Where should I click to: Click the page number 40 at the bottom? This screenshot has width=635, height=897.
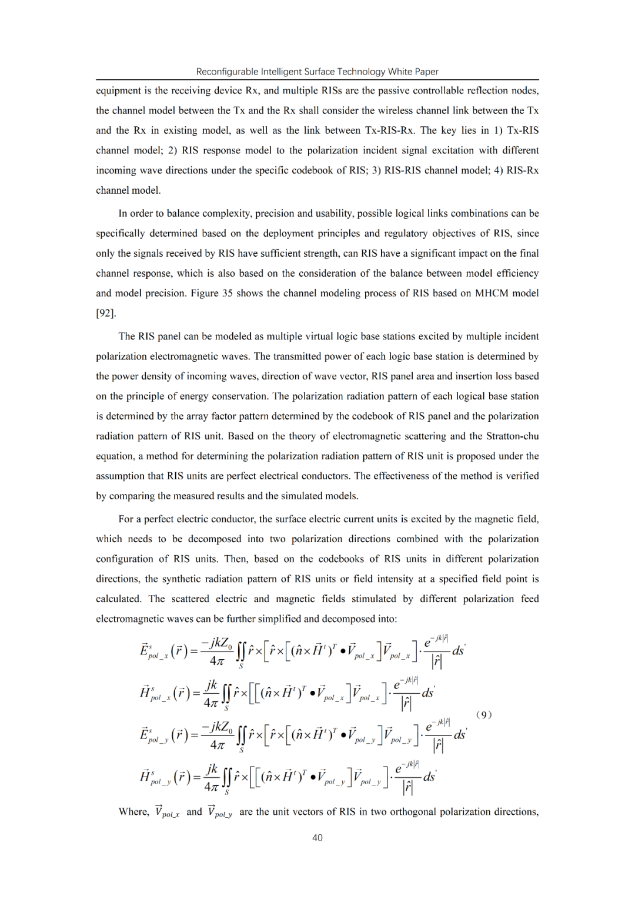click(x=317, y=837)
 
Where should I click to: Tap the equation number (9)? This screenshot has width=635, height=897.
click(x=483, y=714)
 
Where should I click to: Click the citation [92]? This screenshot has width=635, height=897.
click(x=106, y=313)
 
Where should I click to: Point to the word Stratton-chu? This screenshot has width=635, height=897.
click(x=513, y=436)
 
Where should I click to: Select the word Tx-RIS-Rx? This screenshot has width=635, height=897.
click(x=392, y=130)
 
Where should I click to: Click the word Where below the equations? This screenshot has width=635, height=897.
click(x=133, y=812)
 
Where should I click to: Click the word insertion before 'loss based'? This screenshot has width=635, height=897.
click(x=477, y=376)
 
